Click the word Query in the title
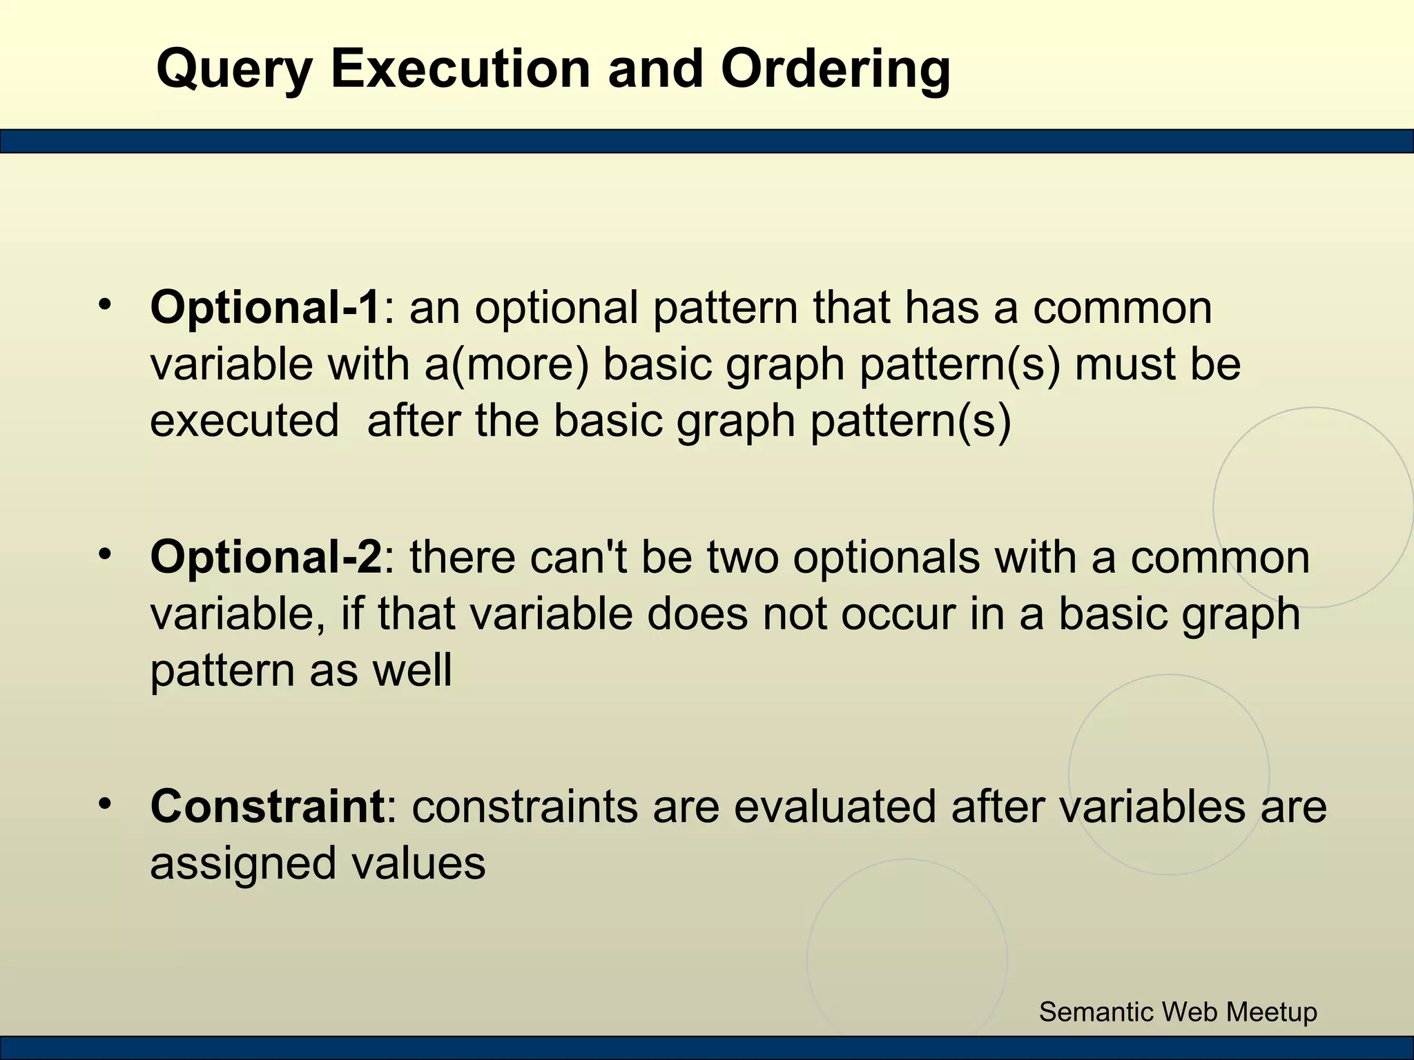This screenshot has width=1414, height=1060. (235, 71)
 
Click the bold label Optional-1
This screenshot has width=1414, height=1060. (265, 307)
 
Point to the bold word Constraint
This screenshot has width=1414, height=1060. (267, 806)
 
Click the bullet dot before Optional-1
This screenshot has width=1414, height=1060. (105, 304)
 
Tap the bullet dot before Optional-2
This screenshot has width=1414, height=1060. (105, 553)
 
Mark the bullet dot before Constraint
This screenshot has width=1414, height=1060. (105, 803)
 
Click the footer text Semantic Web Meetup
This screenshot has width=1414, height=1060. (1178, 1012)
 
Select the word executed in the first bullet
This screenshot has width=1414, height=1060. (244, 421)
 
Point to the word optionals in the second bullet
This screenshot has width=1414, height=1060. (886, 557)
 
